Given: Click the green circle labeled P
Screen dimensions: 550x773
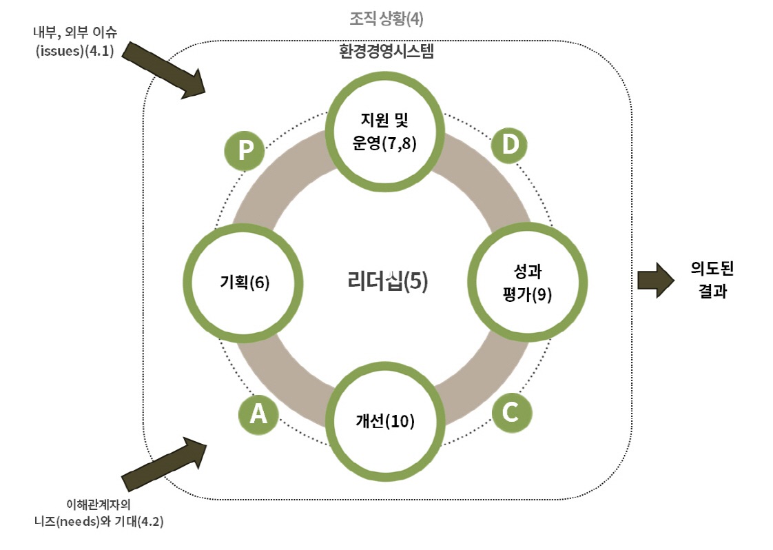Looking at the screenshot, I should point(245,152).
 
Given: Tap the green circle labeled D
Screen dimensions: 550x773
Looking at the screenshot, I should point(509,145).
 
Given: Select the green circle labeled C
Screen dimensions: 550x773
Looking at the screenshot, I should point(511,412).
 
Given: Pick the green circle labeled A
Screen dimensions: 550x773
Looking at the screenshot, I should point(257,413).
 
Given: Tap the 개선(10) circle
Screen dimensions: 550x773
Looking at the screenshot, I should point(385,420).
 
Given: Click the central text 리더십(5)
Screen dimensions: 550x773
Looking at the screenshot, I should point(388,282).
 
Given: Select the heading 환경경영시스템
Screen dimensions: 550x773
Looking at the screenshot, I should point(385,52).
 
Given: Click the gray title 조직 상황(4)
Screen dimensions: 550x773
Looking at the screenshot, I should point(385,19).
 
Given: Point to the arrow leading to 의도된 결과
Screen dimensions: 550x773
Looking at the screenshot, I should point(656,281).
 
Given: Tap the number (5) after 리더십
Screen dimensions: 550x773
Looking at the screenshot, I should point(415,282).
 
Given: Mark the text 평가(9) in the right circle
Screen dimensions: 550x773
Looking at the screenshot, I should point(528,293).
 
